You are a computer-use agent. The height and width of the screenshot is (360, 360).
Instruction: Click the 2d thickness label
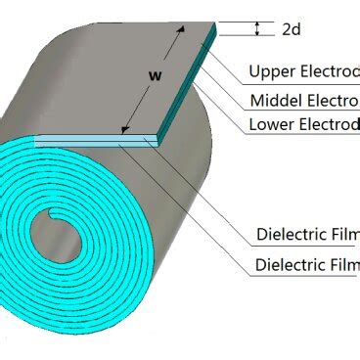291,29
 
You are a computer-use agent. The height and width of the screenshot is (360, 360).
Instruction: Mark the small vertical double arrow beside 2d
257,29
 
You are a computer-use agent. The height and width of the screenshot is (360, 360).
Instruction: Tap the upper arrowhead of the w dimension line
179,32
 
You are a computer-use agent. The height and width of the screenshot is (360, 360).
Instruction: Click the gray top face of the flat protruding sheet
171,88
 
